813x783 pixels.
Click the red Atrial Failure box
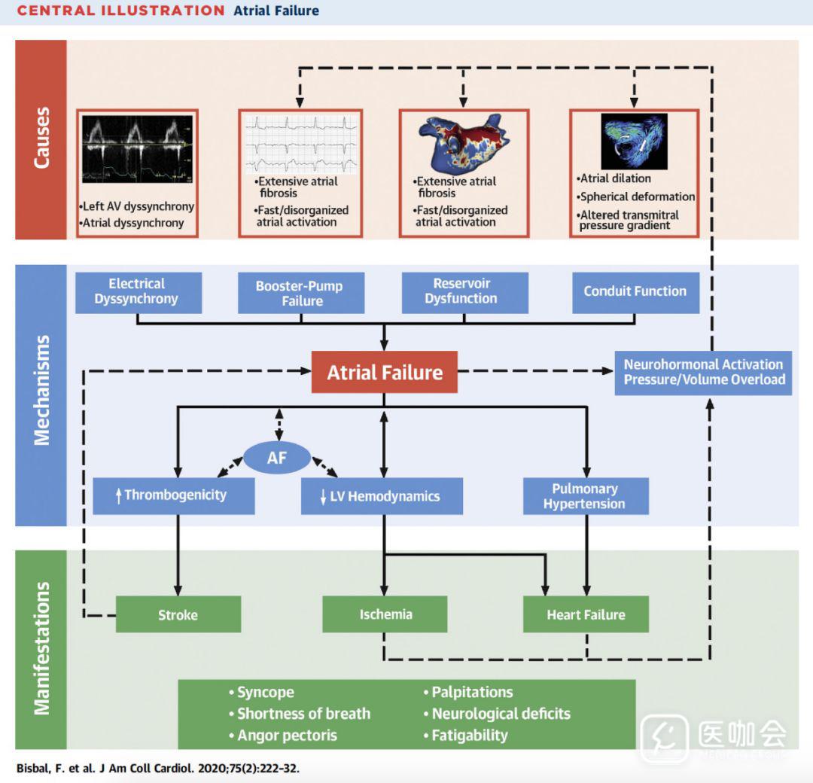pos(385,372)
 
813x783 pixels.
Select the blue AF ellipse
pos(277,456)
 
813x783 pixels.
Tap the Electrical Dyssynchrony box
pos(139,292)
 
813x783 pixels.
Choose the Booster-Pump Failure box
pos(301,294)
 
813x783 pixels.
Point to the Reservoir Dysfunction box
pos(464,292)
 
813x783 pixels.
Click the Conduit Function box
pos(635,292)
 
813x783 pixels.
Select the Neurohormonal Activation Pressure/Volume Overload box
pos(703,373)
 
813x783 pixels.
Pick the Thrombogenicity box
pos(174,495)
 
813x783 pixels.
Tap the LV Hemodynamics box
pos(382,496)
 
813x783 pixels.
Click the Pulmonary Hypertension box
pos(586,496)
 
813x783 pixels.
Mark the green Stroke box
pos(178,614)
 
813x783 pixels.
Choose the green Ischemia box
pos(385,614)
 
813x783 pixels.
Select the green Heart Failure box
pos(586,614)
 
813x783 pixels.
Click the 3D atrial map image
pos(463,142)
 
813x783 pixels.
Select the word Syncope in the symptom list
pos(265,693)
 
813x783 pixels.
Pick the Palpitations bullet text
pos(472,693)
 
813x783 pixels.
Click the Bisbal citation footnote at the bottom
pos(162,769)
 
